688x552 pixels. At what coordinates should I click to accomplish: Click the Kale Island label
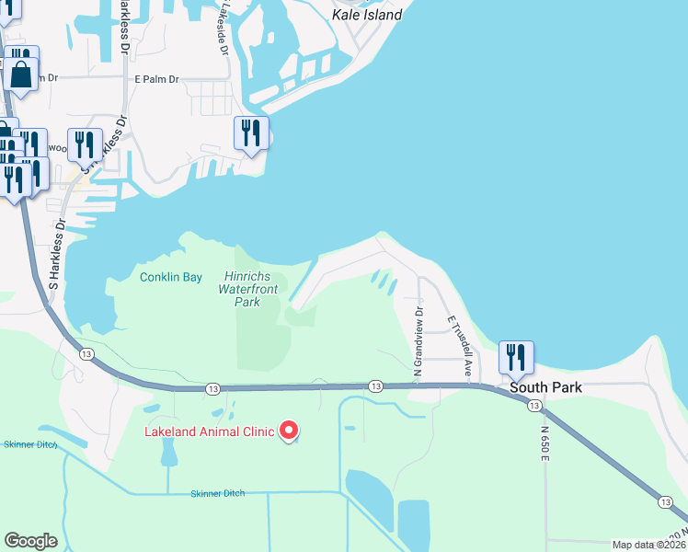[x=367, y=15]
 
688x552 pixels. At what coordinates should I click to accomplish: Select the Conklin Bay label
[x=170, y=277]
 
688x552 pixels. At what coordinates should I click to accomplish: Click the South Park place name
[x=546, y=387]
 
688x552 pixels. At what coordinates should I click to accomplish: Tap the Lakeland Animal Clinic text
[x=210, y=431]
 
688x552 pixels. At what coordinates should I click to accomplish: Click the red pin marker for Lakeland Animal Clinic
[x=289, y=430]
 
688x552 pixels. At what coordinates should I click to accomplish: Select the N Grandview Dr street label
[x=418, y=340]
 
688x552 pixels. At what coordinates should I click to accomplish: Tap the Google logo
[x=31, y=540]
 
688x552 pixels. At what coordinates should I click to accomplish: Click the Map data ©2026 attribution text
[x=649, y=545]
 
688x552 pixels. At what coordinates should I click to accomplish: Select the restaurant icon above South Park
[x=515, y=357]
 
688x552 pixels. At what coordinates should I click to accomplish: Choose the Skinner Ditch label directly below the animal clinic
[x=218, y=494]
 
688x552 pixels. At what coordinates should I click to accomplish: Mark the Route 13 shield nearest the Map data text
[x=665, y=501]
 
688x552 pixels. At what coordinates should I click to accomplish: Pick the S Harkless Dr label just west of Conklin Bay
[x=55, y=253]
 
